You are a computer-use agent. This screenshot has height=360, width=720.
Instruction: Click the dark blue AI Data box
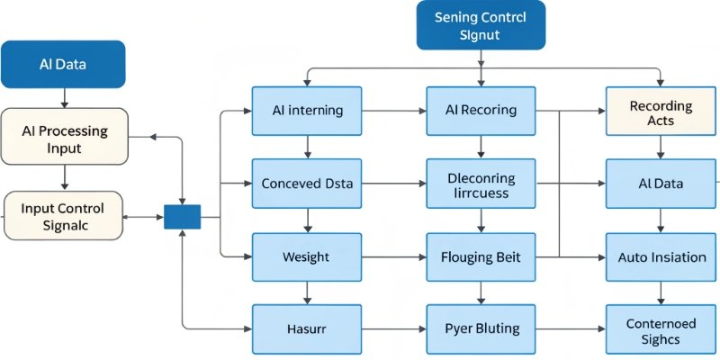point(64,64)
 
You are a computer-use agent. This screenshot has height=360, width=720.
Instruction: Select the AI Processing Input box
point(64,138)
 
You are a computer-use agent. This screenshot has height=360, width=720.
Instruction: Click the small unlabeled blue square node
point(182,217)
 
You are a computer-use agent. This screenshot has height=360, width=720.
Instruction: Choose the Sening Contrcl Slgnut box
point(481,26)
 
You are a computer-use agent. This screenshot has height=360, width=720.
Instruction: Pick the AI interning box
point(307,111)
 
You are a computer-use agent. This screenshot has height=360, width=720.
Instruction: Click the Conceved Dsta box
point(307,184)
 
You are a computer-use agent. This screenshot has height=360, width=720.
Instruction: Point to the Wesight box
point(307,256)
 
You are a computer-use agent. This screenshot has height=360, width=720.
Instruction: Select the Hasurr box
point(307,328)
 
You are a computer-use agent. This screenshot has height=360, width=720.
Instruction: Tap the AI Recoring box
point(481,111)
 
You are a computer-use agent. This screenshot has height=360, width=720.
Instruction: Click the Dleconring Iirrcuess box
point(481,184)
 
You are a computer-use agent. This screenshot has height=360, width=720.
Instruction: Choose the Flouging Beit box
point(481,256)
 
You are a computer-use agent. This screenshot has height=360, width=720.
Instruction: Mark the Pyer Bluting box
point(481,328)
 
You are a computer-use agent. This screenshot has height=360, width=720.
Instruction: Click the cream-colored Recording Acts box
point(661,112)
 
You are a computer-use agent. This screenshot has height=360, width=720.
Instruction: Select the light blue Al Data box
point(661,184)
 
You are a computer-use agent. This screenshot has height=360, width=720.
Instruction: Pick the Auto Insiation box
point(661,256)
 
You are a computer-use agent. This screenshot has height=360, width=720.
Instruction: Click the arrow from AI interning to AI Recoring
point(394,111)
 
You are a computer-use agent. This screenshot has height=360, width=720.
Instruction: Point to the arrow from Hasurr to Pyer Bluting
point(394,329)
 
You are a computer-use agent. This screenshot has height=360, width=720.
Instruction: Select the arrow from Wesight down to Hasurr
point(308,292)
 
